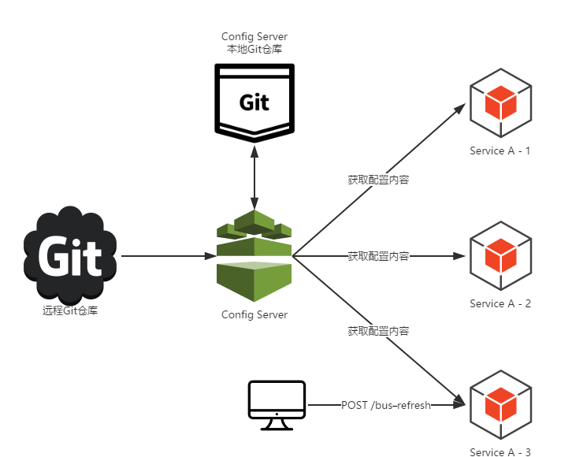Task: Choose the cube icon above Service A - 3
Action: [500, 405]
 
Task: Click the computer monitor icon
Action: [277, 405]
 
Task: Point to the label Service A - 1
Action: [500, 150]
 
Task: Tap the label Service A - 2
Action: [500, 303]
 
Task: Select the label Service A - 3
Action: [500, 451]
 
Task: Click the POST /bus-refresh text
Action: [386, 405]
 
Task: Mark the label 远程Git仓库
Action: [70, 310]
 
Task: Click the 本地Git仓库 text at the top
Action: [254, 49]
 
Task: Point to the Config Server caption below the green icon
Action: [254, 315]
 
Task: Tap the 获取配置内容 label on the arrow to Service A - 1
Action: [378, 180]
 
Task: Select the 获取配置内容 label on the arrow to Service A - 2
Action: [378, 256]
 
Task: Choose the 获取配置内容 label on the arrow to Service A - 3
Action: [378, 332]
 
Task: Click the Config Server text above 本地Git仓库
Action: [254, 36]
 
